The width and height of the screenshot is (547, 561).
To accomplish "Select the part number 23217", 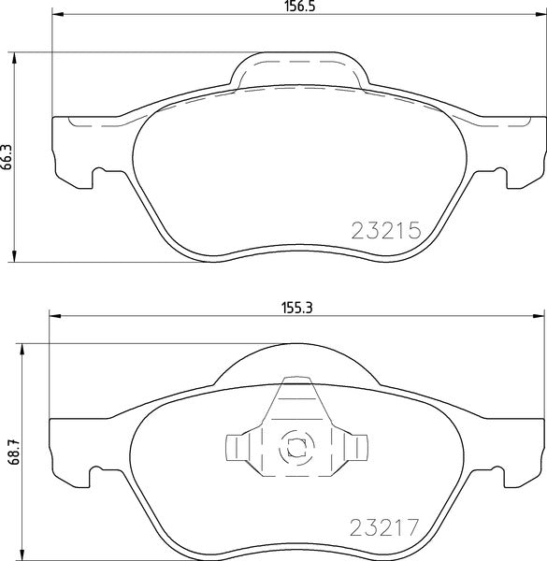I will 387,525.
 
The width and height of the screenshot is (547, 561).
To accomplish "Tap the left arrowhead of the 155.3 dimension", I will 54,314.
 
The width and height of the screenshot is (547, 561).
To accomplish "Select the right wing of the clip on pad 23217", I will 355,447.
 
